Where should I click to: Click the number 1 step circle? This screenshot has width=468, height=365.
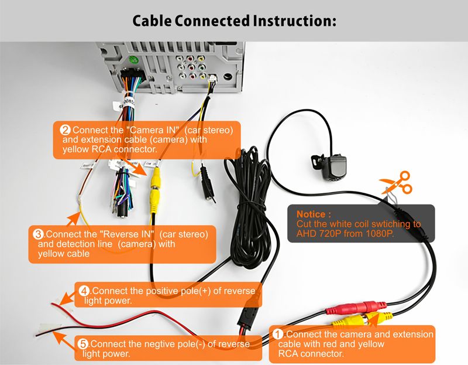click(279, 334)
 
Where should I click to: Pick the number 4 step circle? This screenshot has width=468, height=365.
click(84, 291)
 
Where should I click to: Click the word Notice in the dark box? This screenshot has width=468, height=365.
click(314, 214)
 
